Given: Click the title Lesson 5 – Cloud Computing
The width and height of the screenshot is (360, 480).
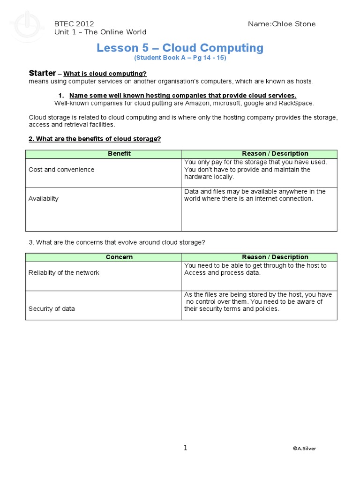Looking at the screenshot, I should click(180, 48).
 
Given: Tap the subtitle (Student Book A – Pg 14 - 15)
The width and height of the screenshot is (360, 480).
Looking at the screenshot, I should click(180, 58).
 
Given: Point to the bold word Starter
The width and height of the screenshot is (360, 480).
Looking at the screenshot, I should click(42, 73).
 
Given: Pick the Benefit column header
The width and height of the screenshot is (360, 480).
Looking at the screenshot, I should click(120, 154).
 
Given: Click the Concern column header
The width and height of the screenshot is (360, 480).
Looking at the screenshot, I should click(119, 257).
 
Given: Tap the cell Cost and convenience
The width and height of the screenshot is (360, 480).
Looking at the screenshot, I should click(61, 170).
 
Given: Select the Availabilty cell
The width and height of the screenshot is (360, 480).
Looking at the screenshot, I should click(44, 199).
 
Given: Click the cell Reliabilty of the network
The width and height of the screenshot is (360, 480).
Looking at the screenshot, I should click(64, 273).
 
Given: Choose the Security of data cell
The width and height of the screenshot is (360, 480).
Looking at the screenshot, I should click(52, 309).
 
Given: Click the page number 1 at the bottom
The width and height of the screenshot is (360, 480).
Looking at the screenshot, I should click(185, 448).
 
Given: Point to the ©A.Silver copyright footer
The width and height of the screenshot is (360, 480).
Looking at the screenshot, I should click(304, 449).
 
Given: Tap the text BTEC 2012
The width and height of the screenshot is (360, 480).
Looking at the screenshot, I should click(74, 24).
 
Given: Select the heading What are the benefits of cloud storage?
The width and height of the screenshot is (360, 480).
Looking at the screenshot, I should click(95, 139).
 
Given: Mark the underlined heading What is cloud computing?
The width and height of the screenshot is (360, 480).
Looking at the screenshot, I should click(105, 74).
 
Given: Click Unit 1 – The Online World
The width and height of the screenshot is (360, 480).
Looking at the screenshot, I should click(100, 32).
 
